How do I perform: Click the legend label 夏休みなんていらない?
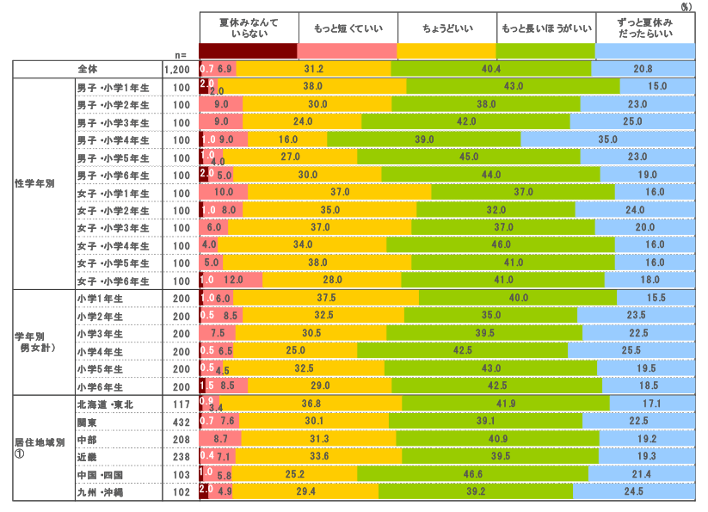[x=249, y=28]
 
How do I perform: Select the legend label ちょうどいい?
[x=446, y=28]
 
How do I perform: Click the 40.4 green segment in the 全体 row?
[x=491, y=68]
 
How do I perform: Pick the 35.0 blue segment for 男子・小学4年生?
[x=607, y=139]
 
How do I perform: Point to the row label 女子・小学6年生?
[x=113, y=281]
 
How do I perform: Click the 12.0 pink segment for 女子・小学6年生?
[x=233, y=281]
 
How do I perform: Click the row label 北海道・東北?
[x=106, y=404]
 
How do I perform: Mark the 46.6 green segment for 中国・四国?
[x=472, y=474]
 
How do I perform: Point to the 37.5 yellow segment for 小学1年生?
[x=326, y=298]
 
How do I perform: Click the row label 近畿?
[x=88, y=457]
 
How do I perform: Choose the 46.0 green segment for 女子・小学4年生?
[x=502, y=245]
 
